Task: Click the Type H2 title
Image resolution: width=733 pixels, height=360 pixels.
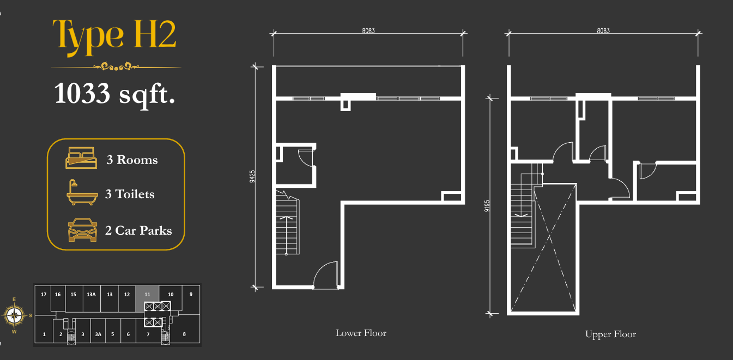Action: click(114, 36)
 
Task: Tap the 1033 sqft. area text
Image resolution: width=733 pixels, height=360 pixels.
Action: click(114, 94)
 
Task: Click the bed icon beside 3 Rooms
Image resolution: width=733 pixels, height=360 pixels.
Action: click(81, 158)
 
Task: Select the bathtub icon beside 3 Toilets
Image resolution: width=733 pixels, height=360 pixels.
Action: click(82, 192)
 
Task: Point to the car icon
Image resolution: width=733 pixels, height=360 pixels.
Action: click(82, 230)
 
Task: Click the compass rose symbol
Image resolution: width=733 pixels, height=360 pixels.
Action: click(14, 315)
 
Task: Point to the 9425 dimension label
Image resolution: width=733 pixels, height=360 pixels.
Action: click(252, 176)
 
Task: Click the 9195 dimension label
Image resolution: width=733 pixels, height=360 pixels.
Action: click(487, 206)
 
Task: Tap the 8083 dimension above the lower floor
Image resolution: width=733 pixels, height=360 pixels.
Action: click(368, 30)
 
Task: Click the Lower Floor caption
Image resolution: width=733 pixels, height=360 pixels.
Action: click(361, 333)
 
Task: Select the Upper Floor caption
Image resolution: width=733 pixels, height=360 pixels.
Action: click(610, 334)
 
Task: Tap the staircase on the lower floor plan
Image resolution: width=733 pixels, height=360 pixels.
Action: click(287, 222)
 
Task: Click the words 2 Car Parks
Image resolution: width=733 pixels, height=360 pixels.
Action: click(138, 230)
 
